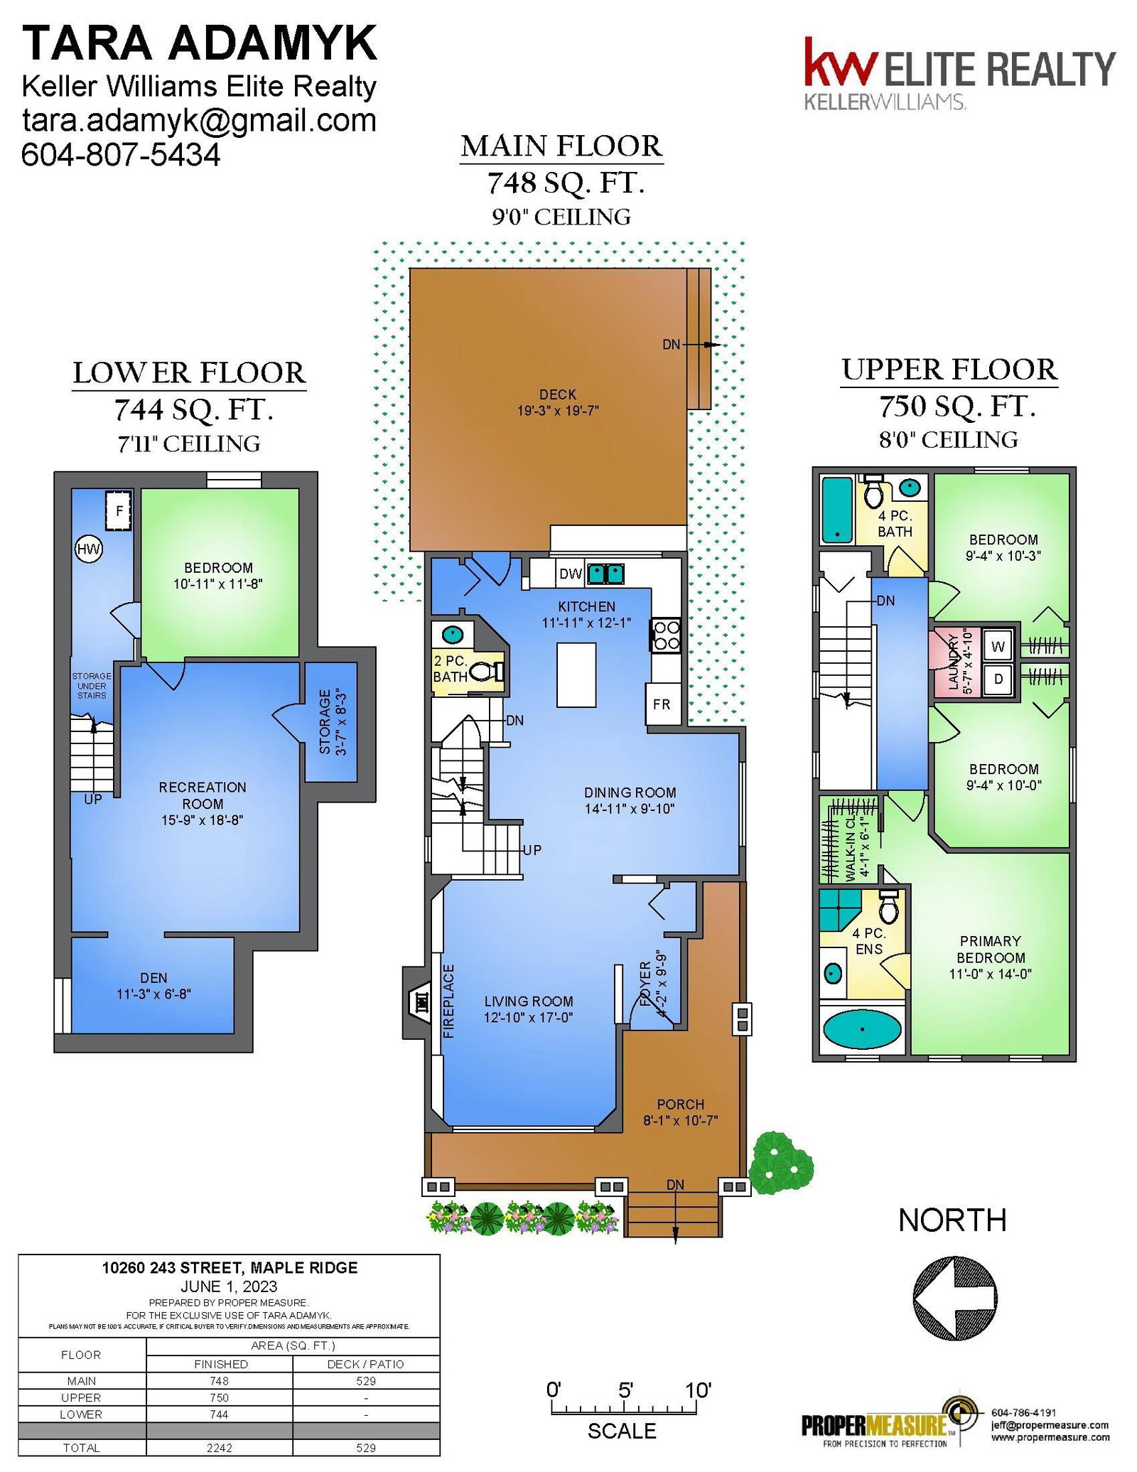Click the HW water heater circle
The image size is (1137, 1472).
(x=89, y=549)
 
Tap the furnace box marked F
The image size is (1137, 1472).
(x=119, y=510)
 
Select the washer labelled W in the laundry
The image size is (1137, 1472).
(x=998, y=646)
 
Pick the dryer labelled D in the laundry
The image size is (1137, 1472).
(x=998, y=679)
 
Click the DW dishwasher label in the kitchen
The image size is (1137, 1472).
(x=571, y=574)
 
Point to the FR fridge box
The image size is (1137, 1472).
(x=662, y=704)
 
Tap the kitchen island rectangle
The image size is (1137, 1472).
(x=576, y=675)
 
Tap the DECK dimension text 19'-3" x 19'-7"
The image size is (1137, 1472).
(x=558, y=410)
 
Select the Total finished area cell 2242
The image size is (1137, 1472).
(x=219, y=1448)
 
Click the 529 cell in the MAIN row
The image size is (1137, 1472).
(x=366, y=1381)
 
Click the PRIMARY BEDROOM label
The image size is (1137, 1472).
(x=991, y=949)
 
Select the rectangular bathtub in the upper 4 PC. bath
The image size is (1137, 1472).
(x=837, y=509)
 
